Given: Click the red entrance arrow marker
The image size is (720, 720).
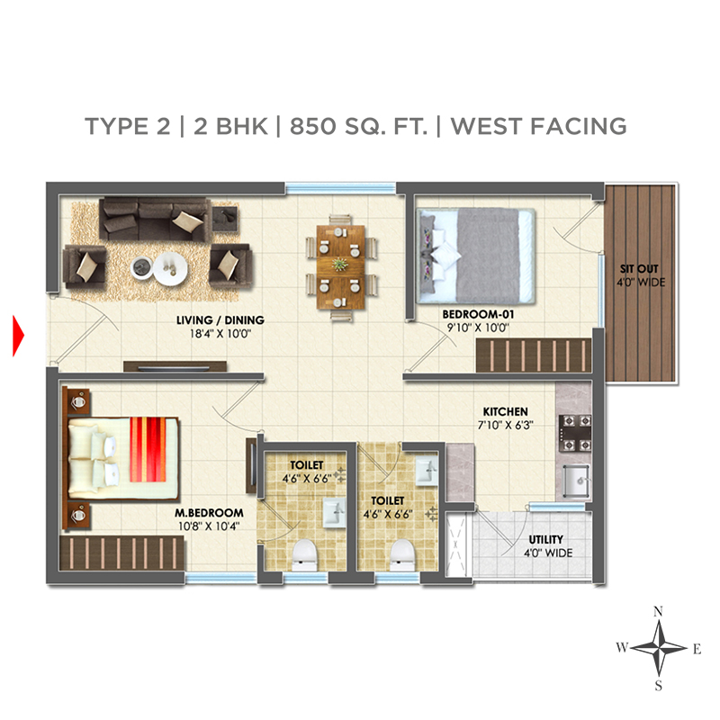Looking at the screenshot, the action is (18, 336).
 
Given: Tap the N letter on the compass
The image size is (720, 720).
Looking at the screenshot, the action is (658, 611).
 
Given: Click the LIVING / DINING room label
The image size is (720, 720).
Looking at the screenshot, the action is (220, 320).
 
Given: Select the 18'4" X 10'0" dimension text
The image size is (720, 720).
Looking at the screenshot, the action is (220, 334).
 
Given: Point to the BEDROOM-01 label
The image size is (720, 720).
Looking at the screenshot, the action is (478, 314).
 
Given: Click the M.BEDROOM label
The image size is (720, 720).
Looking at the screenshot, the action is (209, 512).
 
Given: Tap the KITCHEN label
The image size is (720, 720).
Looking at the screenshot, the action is (505, 411).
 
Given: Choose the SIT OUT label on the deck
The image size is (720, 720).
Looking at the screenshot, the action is (639, 268).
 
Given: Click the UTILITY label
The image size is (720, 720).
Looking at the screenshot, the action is (546, 539).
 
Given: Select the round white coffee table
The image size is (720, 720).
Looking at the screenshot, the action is (170, 268).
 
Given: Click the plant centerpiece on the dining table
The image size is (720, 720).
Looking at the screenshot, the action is (340, 264).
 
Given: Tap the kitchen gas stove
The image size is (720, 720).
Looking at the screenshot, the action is (574, 433).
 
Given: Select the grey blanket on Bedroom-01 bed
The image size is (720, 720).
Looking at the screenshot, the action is (488, 256).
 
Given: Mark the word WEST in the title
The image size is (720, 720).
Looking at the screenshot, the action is (487, 126).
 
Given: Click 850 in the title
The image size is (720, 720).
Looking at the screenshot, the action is (312, 126).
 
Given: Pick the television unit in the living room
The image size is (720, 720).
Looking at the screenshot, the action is (175, 366).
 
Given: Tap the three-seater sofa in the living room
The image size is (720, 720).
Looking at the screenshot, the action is (154, 219).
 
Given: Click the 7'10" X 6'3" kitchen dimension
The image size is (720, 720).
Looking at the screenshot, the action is (505, 425).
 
